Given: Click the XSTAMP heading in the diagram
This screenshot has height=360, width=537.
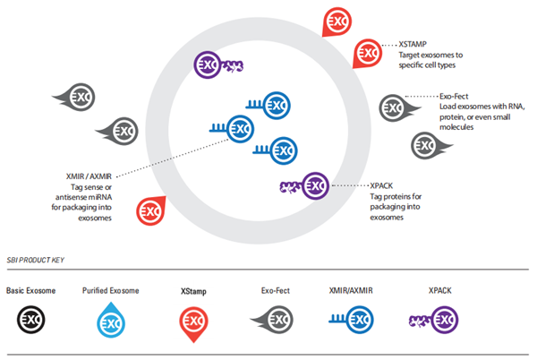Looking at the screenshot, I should click(x=413, y=43).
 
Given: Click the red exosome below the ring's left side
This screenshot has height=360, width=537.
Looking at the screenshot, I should click(x=149, y=212).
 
